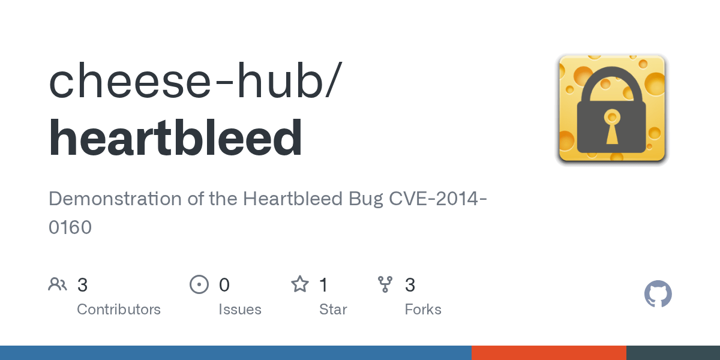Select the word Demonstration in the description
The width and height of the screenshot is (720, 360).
point(116,199)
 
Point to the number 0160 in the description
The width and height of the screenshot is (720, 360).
point(70,227)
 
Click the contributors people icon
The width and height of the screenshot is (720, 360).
point(58,284)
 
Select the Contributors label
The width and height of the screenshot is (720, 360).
point(119,310)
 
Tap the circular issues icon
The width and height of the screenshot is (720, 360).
point(199,284)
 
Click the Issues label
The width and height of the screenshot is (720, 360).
point(240,310)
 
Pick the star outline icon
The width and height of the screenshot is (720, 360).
point(300,284)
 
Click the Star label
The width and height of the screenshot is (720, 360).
point(333,310)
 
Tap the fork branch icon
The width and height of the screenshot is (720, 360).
point(385,284)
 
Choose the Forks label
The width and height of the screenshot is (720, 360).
point(423,310)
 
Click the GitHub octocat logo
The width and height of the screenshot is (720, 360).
point(658,295)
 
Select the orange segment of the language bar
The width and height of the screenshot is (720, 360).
point(549,353)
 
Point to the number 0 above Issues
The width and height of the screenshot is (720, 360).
point(224,284)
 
